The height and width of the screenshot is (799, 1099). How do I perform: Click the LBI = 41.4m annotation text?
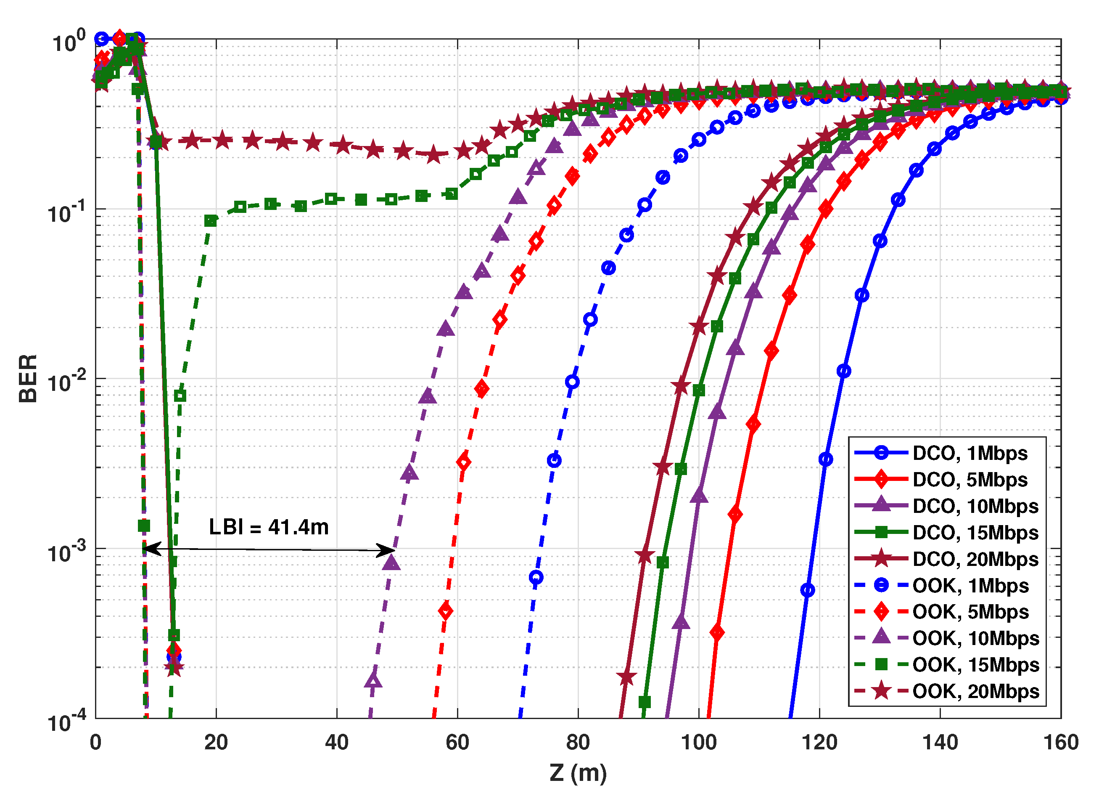[x=269, y=527]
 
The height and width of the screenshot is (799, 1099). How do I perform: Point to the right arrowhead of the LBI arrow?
[x=388, y=550]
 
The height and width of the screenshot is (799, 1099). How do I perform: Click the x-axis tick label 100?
[x=699, y=743]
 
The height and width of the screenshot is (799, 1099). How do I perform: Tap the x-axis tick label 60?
[x=457, y=743]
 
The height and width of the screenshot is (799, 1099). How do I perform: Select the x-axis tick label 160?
[x=1061, y=743]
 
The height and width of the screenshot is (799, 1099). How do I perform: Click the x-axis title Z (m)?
[x=578, y=773]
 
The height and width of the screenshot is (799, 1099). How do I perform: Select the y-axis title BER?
[x=28, y=379]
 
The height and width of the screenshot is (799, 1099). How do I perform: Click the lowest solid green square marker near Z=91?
[x=645, y=702]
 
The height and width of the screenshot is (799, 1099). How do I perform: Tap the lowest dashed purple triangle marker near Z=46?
[x=372, y=681]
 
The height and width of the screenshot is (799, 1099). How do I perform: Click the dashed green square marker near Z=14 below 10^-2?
[x=180, y=396]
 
